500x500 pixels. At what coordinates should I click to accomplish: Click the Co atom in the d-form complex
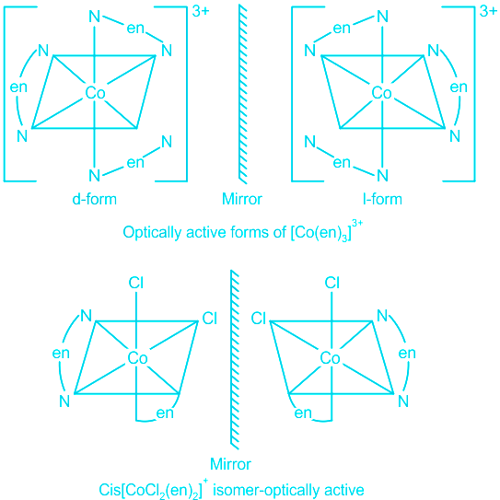95,93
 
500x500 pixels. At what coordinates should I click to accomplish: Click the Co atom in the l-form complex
381,93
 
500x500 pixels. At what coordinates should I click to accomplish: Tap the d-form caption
95,199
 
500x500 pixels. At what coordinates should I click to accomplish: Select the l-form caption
382,199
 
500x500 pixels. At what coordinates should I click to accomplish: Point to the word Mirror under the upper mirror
241,199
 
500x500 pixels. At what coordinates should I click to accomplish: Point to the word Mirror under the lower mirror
230,464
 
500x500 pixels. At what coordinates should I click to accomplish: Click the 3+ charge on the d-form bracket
201,11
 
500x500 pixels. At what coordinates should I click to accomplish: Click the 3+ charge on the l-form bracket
488,11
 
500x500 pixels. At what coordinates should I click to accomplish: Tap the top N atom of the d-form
95,17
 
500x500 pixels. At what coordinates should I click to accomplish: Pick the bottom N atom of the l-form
382,175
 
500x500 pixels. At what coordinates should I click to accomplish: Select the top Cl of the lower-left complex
136,283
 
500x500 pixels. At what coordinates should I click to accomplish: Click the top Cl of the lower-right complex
331,283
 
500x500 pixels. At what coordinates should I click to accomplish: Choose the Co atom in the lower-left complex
137,358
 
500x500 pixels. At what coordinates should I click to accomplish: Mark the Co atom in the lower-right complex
330,358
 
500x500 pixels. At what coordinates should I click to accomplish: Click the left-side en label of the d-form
18,87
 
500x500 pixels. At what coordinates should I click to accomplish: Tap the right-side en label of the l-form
459,87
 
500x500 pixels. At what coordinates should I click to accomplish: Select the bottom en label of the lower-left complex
165,413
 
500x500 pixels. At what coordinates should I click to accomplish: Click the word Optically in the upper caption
153,232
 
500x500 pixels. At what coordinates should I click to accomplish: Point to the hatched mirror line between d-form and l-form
243,94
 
